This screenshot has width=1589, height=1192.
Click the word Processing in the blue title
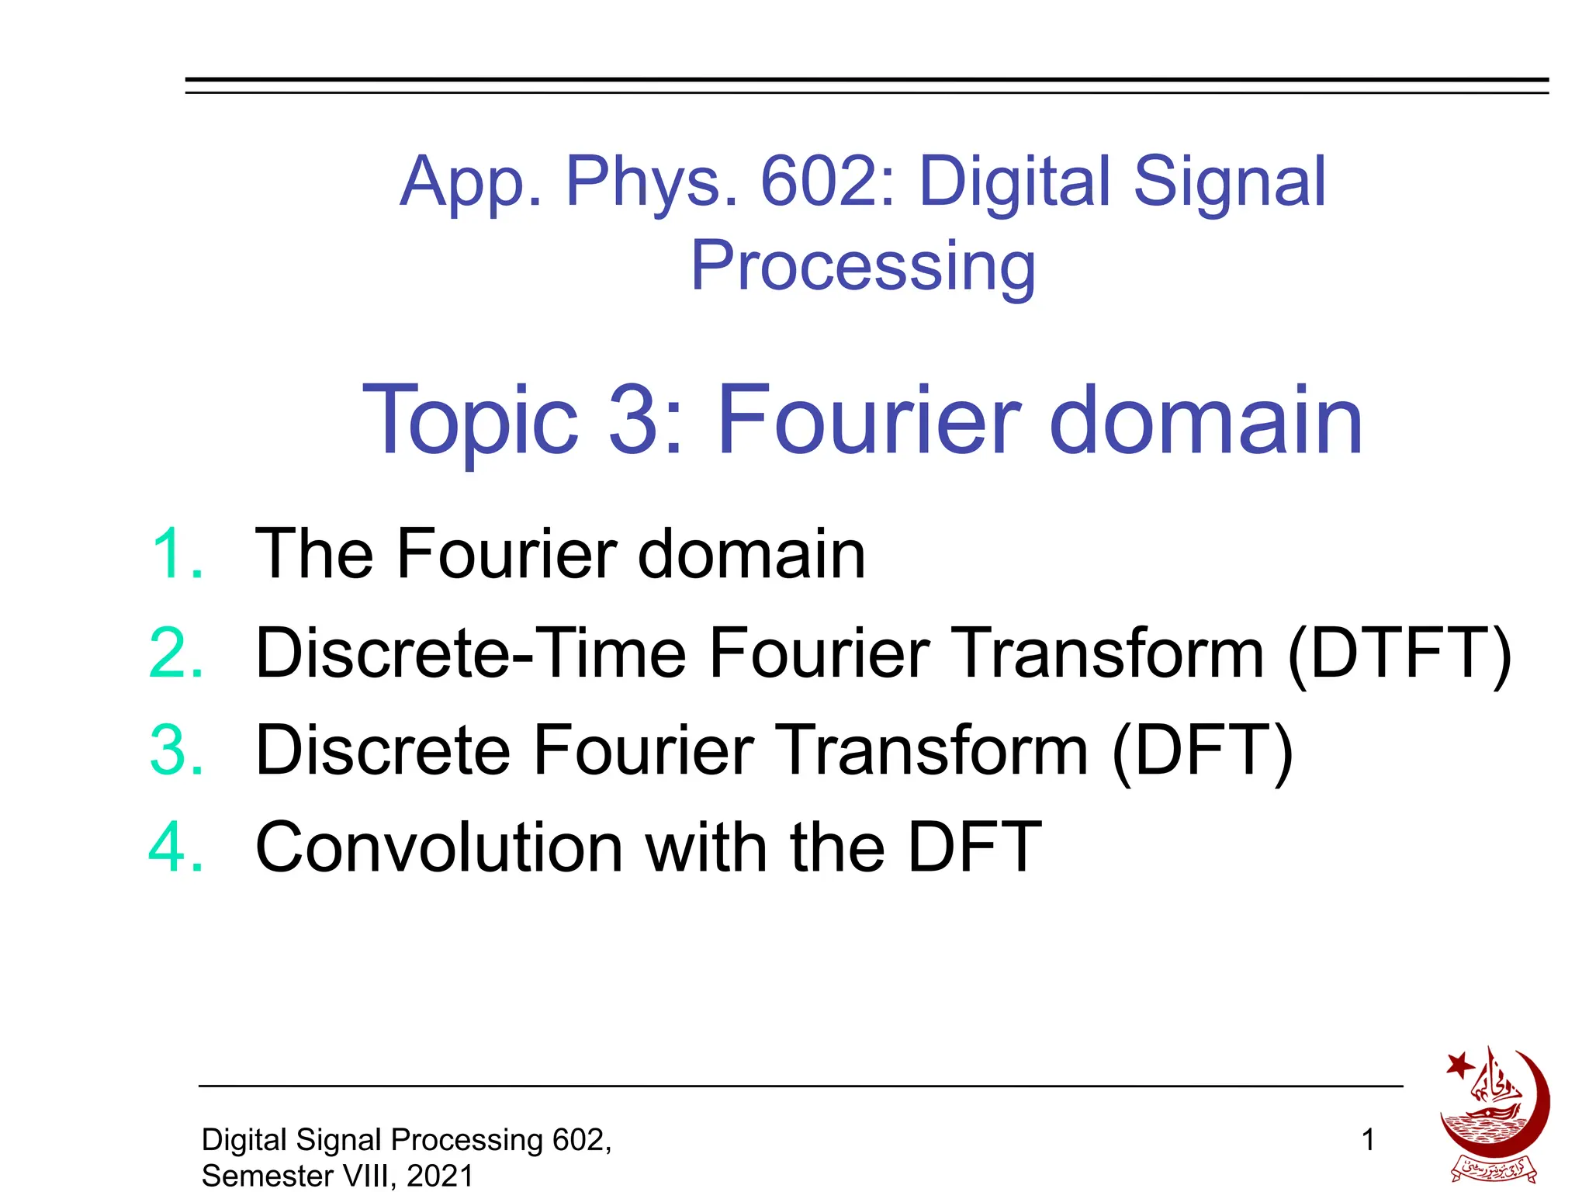863,266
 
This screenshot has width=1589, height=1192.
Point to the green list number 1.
177,553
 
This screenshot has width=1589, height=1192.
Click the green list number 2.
177,653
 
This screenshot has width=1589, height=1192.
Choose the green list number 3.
177,750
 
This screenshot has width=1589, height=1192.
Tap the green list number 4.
177,847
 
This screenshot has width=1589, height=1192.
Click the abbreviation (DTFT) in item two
1399,654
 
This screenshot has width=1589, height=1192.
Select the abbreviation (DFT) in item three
1202,751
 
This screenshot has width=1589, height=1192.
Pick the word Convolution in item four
439,847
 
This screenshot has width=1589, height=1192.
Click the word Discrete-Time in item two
471,653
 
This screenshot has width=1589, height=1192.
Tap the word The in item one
313,553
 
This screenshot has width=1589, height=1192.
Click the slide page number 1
1368,1140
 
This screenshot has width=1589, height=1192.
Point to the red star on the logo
1459,1065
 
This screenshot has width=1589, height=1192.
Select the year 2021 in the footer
440,1176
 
